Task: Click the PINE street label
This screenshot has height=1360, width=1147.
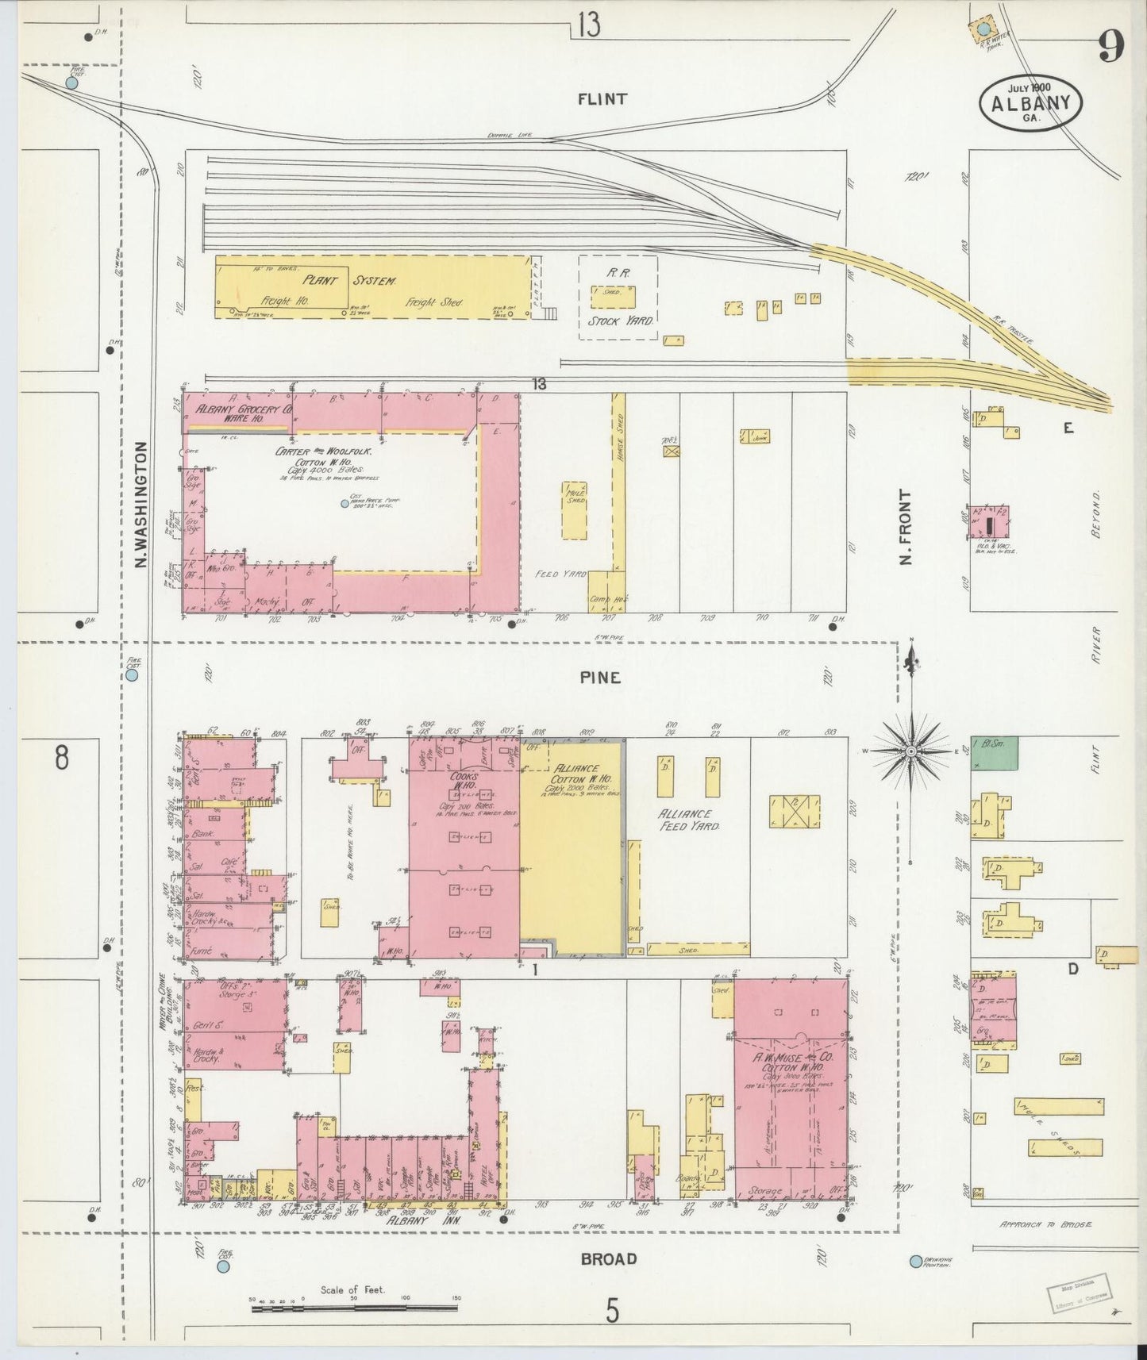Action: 599,678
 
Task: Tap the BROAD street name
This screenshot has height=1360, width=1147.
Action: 608,1258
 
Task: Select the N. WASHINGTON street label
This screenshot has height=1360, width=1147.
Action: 141,505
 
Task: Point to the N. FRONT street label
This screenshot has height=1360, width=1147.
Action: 906,526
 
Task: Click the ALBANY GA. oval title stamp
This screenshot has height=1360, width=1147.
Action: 1031,103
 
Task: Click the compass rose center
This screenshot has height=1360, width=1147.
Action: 911,750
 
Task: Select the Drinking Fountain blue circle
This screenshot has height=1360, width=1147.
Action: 916,1261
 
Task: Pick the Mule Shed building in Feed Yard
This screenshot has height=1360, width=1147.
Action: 574,509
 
